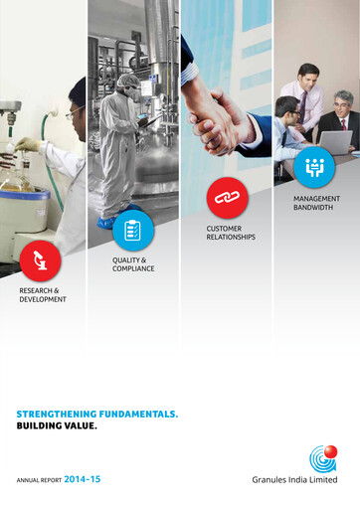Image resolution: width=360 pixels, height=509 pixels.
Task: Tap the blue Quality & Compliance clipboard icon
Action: (x=133, y=230)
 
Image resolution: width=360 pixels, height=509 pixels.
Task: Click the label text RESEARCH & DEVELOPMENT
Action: (x=43, y=294)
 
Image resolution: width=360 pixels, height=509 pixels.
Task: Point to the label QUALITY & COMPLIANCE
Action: (x=133, y=264)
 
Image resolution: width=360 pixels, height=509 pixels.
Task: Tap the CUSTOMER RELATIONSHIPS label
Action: (x=231, y=234)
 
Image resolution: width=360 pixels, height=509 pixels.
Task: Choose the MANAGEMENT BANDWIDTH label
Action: (x=316, y=203)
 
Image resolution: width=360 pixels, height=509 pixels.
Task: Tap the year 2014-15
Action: (x=82, y=479)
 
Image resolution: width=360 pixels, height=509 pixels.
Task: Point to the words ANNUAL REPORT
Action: (x=39, y=480)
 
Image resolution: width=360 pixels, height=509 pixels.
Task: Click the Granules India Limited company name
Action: (x=294, y=480)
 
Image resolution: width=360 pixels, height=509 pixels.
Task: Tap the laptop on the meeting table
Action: (x=334, y=141)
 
